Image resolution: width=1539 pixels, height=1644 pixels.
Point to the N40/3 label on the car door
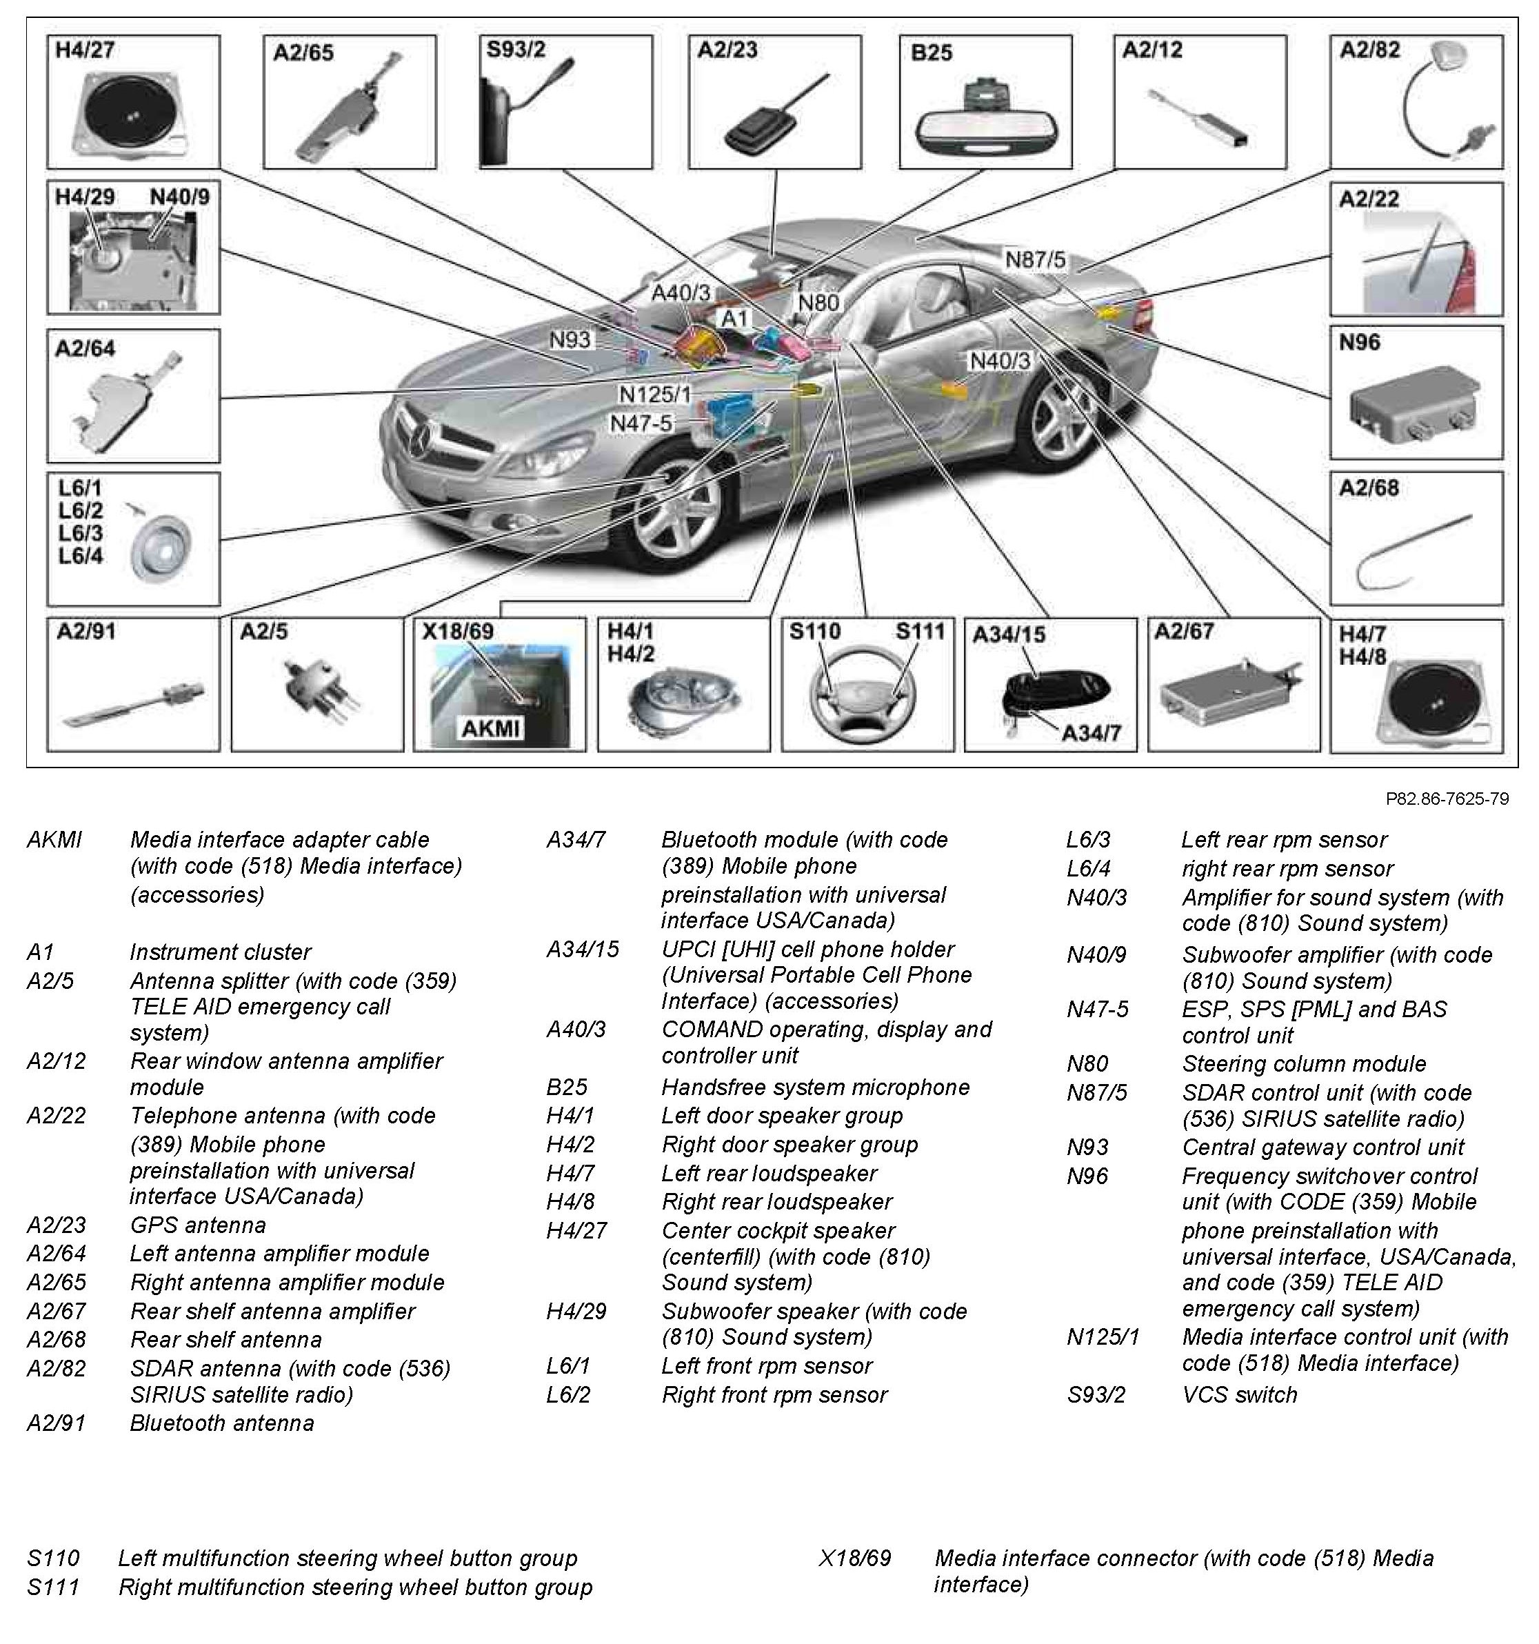pyautogui.click(x=1000, y=361)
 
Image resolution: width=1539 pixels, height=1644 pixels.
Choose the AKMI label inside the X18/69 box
pyautogui.click(x=490, y=728)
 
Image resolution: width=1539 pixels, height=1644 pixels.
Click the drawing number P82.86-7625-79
pyautogui.click(x=1447, y=799)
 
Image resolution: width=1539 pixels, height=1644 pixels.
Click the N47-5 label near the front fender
pyautogui.click(x=641, y=423)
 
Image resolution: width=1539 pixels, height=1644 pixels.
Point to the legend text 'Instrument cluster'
pyautogui.click(x=220, y=952)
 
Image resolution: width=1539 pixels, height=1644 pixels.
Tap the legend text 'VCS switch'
pyautogui.click(x=1239, y=1395)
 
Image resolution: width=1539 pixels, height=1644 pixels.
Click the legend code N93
pyautogui.click(x=1087, y=1147)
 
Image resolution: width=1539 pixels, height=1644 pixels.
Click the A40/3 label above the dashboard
pyautogui.click(x=680, y=293)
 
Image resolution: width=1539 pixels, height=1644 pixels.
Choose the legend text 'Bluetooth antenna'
pyautogui.click(x=221, y=1423)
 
